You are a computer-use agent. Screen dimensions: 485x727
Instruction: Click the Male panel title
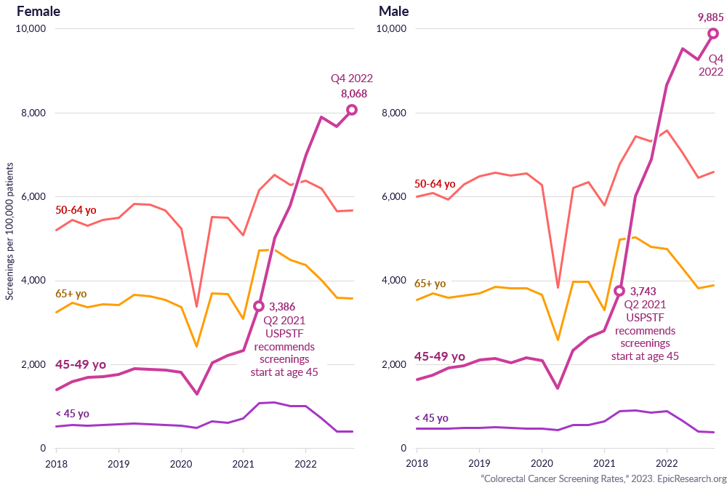[394, 12]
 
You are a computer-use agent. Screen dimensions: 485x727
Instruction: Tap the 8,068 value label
[354, 93]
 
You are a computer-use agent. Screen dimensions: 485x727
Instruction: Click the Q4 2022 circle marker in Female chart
[352, 110]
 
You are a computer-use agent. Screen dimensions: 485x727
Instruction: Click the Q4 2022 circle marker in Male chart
[713, 33]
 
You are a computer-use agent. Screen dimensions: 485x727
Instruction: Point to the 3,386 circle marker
[258, 306]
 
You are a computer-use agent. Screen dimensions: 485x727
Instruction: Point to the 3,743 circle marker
[619, 291]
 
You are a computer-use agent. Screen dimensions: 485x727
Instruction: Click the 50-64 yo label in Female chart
[76, 210]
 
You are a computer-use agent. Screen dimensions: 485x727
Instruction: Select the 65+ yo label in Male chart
[430, 284]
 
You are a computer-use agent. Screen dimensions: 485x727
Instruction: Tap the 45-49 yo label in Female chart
[81, 364]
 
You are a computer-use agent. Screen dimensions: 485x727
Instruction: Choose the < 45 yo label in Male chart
[431, 418]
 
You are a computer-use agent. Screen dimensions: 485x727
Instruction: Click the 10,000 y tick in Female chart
[31, 28]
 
